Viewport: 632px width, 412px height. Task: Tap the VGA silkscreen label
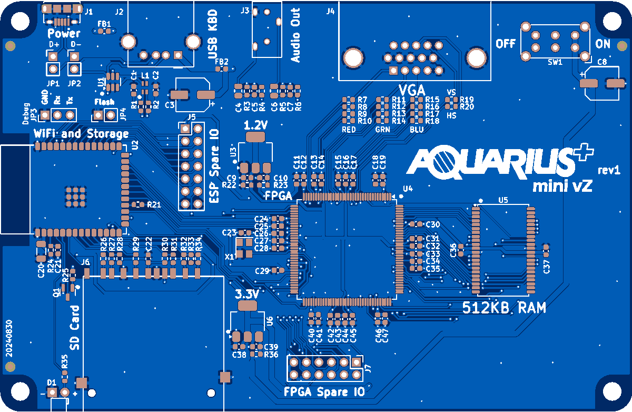[412, 89]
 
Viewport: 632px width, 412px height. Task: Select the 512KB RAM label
[504, 308]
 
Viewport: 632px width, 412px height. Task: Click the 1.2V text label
[256, 125]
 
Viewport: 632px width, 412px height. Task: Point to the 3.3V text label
[246, 294]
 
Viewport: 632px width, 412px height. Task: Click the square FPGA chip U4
[347, 248]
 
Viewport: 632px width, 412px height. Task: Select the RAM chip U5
[504, 250]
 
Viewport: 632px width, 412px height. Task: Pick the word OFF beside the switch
[506, 44]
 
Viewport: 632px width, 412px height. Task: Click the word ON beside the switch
[603, 44]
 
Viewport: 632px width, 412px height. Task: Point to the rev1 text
[608, 170]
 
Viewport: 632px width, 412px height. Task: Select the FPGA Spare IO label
[324, 392]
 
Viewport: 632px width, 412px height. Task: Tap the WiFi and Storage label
[81, 133]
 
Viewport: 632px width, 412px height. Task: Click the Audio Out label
[295, 35]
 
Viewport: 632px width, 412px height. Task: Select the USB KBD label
[212, 40]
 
